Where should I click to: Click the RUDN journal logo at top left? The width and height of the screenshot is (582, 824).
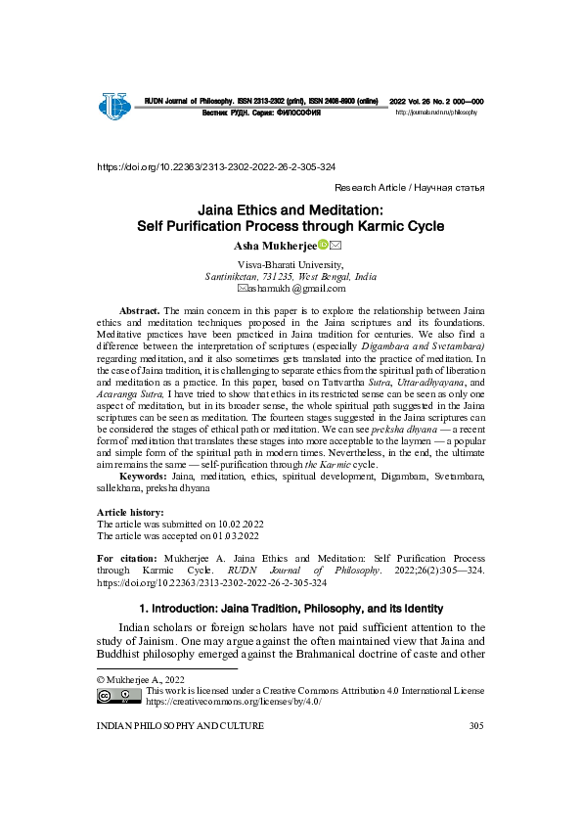pos(113,104)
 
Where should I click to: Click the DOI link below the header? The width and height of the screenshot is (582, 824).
pos(216,167)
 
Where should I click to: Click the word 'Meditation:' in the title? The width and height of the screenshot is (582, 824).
pos(346,209)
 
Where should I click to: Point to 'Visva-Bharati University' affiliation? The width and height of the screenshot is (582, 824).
pos(291,264)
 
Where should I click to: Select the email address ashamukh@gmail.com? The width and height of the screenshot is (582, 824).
pos(296,289)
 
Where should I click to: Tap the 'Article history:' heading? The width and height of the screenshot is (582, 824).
pos(130,513)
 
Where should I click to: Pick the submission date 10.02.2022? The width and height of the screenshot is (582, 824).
pos(239,525)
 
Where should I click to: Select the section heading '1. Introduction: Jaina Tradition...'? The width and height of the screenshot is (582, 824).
pos(291,608)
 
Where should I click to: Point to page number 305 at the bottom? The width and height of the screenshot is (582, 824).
pos(476,725)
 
